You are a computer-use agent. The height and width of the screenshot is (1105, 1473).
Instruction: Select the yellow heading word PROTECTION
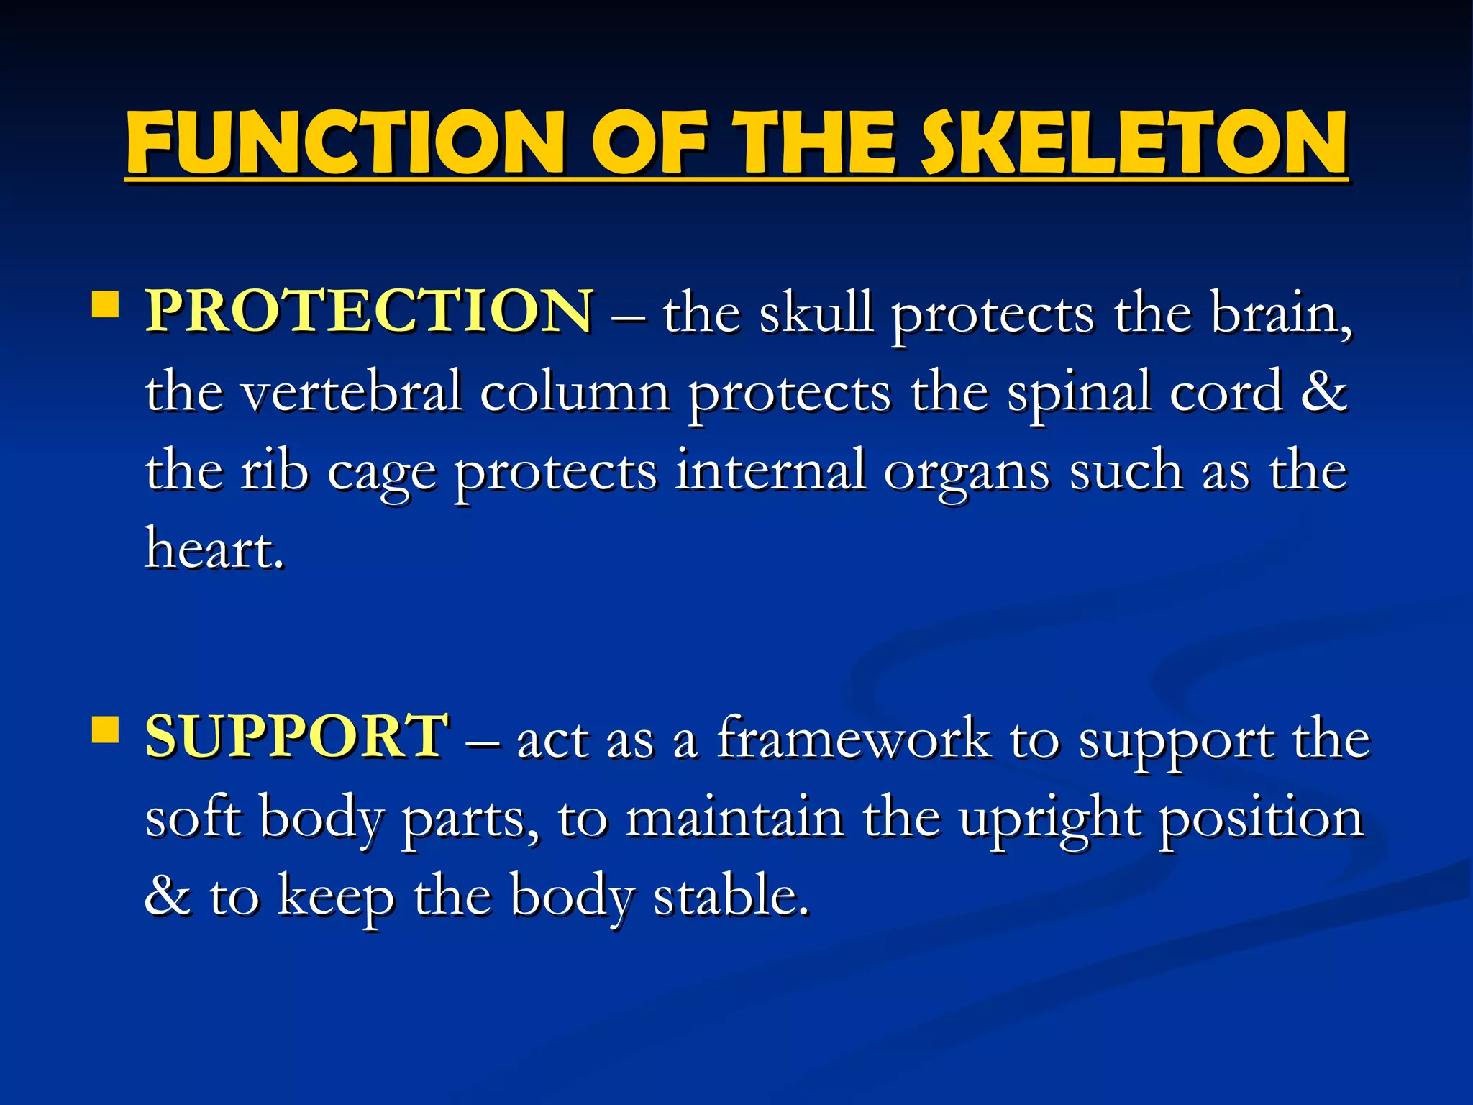370,312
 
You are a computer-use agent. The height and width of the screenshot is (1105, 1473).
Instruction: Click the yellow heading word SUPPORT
297,737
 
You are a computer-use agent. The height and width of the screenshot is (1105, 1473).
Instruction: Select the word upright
1049,820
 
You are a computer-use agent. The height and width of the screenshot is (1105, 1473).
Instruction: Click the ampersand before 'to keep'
168,895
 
